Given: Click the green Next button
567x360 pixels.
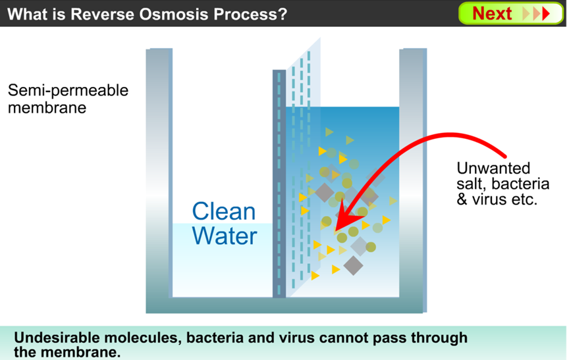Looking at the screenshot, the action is pos(510,14).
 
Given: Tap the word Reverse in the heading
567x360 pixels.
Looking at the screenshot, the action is pos(103,14).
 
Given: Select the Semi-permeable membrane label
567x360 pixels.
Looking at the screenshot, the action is pos(68,99).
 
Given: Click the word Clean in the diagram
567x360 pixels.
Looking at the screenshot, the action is pos(224,211).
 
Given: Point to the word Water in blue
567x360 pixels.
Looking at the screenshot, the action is pos(225,236).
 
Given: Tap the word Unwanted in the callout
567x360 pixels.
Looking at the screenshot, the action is pos(494,168).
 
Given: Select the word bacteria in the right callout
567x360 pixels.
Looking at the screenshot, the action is pos(521,184).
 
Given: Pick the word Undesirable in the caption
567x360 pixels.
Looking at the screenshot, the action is pos(57,338).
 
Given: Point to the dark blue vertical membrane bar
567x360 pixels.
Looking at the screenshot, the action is pos(279,184).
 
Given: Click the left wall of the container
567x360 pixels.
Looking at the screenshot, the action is pos(159,174).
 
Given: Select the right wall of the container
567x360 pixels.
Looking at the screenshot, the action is pos(413,174).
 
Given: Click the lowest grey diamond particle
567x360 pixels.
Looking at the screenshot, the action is pos(353,266).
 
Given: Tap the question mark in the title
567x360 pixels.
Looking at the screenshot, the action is pos(282,14).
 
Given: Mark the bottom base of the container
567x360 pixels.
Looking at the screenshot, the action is pos(286,305).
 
